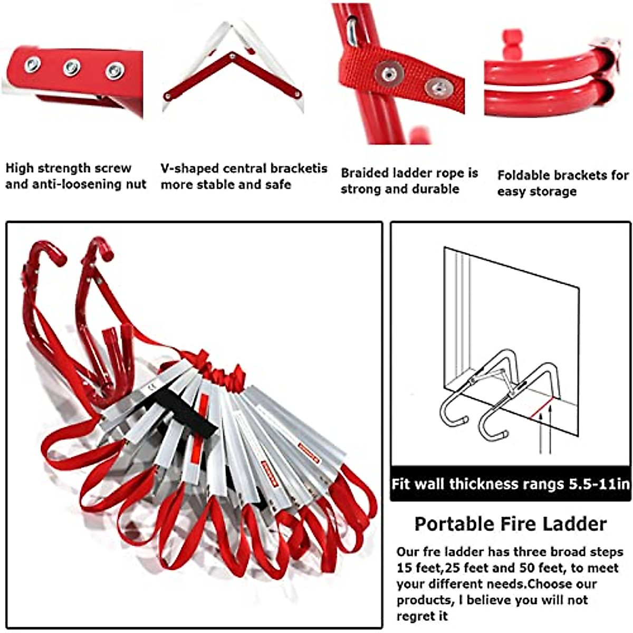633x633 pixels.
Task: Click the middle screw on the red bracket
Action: pos(72,67)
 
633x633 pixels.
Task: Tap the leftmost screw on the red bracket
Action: pos(32,64)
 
